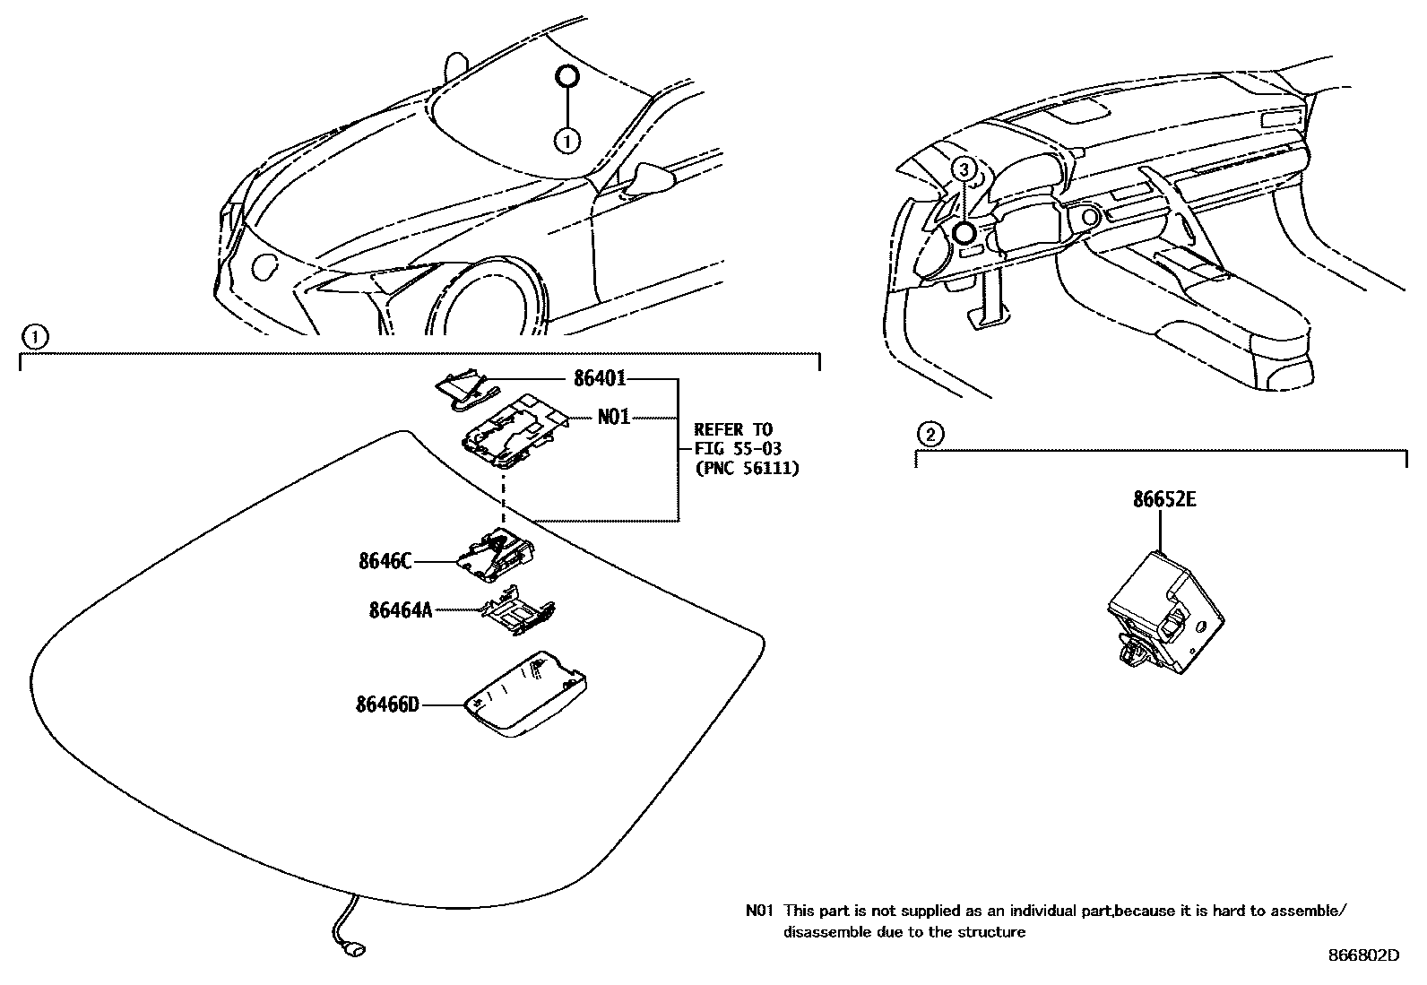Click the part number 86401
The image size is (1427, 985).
(x=600, y=380)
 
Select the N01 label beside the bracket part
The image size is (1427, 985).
(x=614, y=418)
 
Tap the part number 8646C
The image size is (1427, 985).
(x=385, y=562)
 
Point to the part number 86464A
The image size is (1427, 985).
(x=401, y=610)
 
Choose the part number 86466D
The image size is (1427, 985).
(x=387, y=704)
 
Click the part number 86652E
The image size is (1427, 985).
(x=1163, y=500)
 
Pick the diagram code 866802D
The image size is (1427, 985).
(x=1362, y=955)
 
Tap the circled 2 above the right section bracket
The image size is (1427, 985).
(x=930, y=435)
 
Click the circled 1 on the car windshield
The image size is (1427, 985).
(x=566, y=140)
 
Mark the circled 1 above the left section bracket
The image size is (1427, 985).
(x=34, y=337)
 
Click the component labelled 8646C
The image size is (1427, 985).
(x=497, y=553)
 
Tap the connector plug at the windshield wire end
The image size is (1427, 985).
(x=356, y=948)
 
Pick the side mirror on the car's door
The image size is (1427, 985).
(x=650, y=178)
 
